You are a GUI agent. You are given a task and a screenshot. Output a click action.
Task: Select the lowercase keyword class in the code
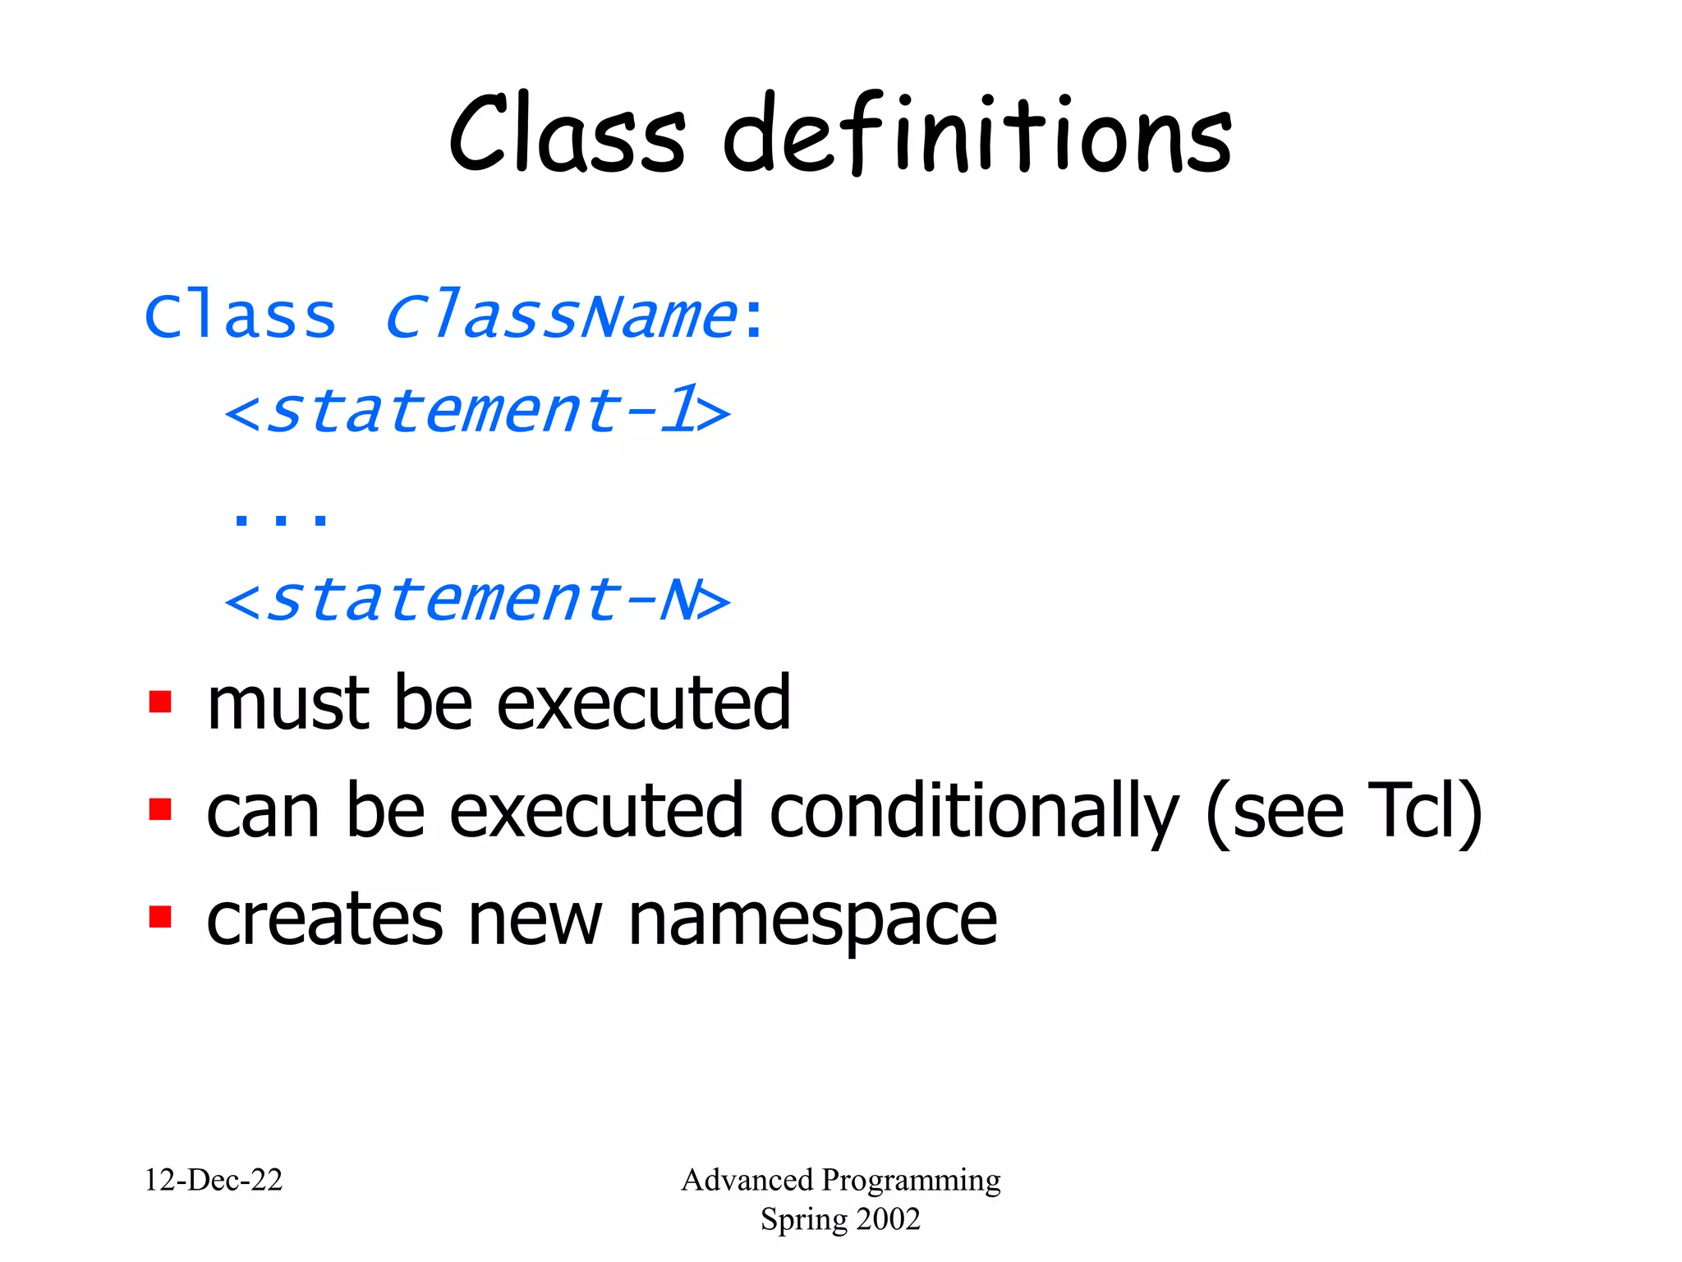pyautogui.click(x=240, y=316)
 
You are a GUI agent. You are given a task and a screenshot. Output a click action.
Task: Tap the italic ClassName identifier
pyautogui.click(x=560, y=316)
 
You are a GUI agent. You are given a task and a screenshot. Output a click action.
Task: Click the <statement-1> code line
pyautogui.click(x=476, y=411)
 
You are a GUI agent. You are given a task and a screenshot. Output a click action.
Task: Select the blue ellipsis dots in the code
pyautogui.click(x=280, y=518)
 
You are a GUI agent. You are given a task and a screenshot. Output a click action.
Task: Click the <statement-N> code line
pyautogui.click(x=476, y=600)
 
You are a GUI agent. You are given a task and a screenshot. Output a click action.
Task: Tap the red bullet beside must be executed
pyautogui.click(x=160, y=702)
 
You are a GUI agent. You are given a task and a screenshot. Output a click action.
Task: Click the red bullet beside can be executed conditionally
pyautogui.click(x=160, y=810)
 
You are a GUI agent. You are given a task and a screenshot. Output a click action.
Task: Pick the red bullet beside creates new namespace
pyautogui.click(x=160, y=917)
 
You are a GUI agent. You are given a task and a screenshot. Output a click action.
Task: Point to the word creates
pyautogui.click(x=324, y=920)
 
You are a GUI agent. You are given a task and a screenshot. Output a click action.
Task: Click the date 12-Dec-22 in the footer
pyautogui.click(x=214, y=1180)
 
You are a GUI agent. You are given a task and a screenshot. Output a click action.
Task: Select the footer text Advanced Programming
pyautogui.click(x=840, y=1180)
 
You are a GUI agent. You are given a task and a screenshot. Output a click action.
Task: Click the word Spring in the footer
pyautogui.click(x=793, y=1219)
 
